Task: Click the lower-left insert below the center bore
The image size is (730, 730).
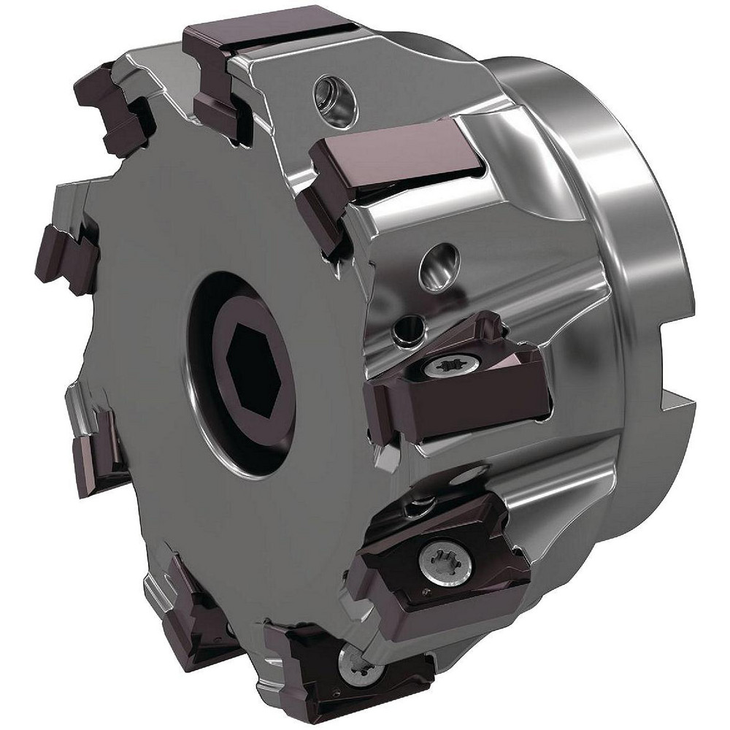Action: click(x=99, y=445)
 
